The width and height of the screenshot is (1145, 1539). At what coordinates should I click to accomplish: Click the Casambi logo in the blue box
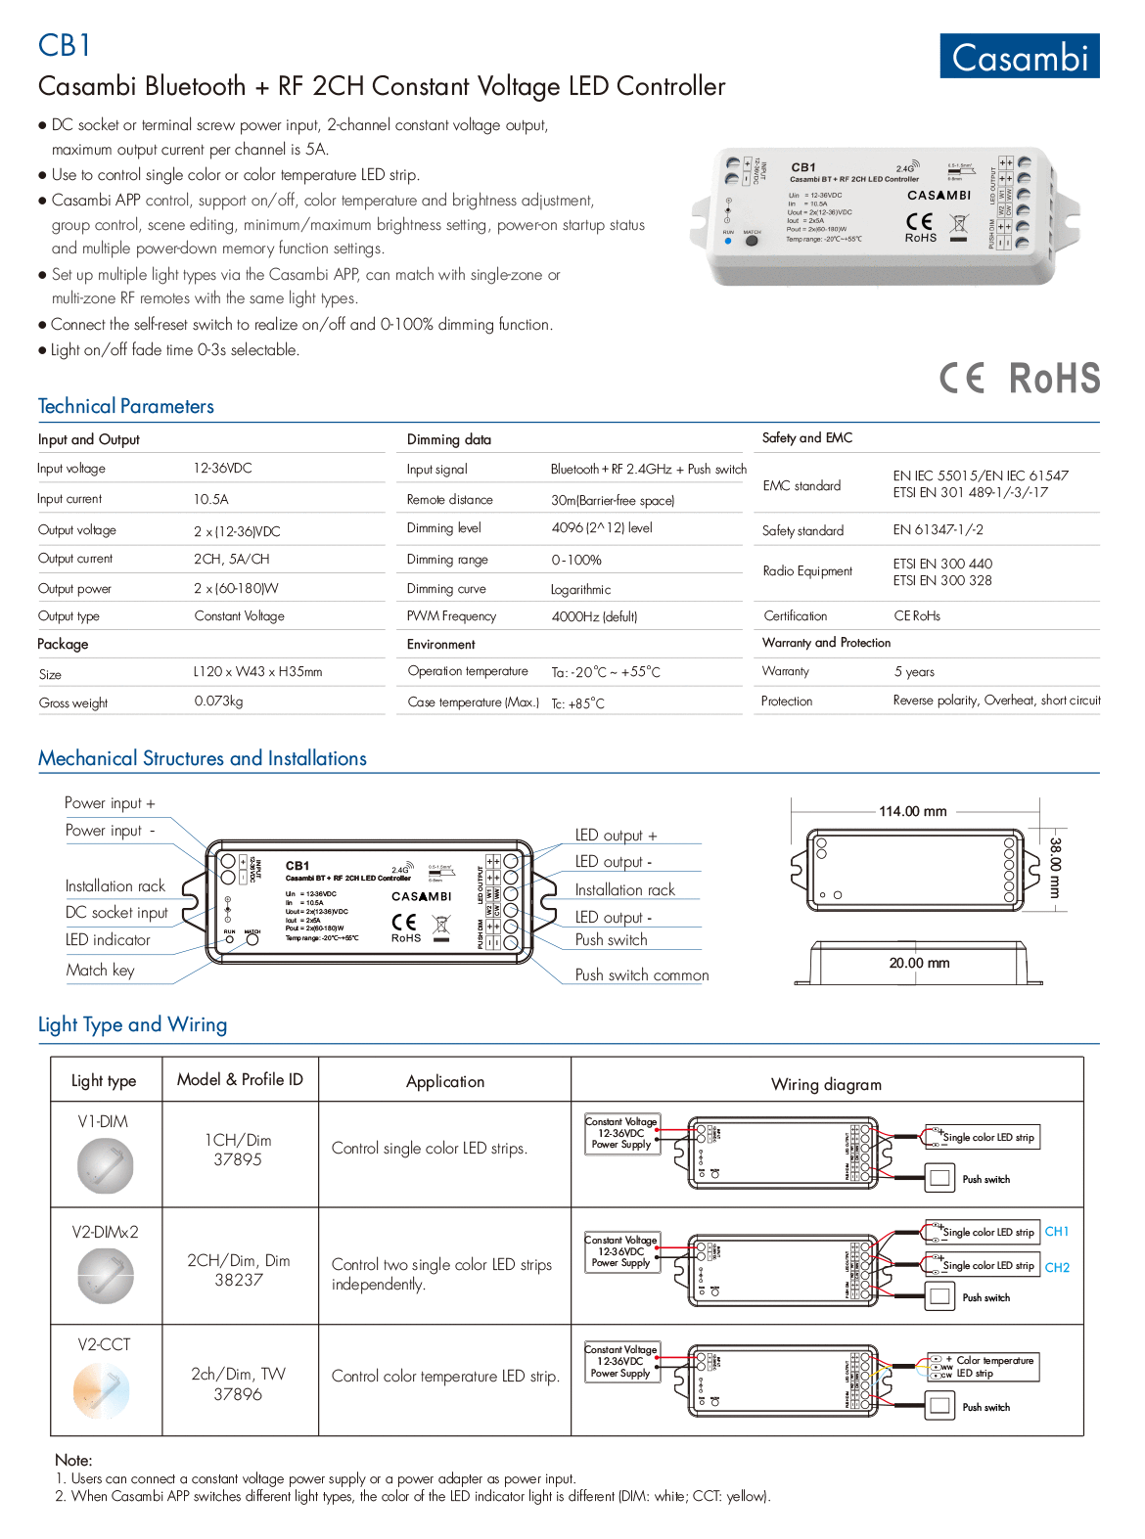(1019, 57)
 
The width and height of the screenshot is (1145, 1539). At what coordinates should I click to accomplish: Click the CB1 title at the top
(65, 45)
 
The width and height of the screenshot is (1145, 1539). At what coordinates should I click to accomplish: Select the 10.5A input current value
(210, 499)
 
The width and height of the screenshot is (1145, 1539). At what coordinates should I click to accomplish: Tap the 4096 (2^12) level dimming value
(601, 528)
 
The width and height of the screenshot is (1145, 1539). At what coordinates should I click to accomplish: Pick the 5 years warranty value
(914, 672)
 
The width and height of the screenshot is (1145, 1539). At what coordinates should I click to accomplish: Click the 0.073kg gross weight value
(218, 702)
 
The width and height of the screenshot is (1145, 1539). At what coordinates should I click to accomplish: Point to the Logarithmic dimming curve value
(580, 590)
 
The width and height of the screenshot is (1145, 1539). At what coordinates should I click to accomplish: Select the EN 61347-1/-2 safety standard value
(938, 530)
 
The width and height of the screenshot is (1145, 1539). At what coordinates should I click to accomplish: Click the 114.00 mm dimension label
(912, 811)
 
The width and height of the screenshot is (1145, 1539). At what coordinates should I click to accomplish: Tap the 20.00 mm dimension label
(919, 963)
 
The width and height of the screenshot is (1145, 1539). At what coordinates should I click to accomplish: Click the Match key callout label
(100, 971)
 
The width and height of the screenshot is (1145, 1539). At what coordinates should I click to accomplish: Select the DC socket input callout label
(116, 913)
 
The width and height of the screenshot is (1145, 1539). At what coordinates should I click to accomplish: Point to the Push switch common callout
(642, 975)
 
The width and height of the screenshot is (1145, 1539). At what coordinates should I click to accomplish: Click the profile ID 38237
(239, 1280)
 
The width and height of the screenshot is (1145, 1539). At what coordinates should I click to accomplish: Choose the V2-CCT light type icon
(102, 1390)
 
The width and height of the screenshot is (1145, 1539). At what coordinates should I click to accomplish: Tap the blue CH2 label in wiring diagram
(1057, 1268)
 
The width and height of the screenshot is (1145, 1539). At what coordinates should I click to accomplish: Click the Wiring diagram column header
(826, 1084)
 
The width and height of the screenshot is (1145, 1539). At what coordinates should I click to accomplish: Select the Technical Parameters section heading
(125, 406)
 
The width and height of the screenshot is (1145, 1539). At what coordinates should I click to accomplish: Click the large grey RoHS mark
(1054, 379)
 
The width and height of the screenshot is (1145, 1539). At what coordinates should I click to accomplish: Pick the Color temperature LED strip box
(983, 1367)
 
